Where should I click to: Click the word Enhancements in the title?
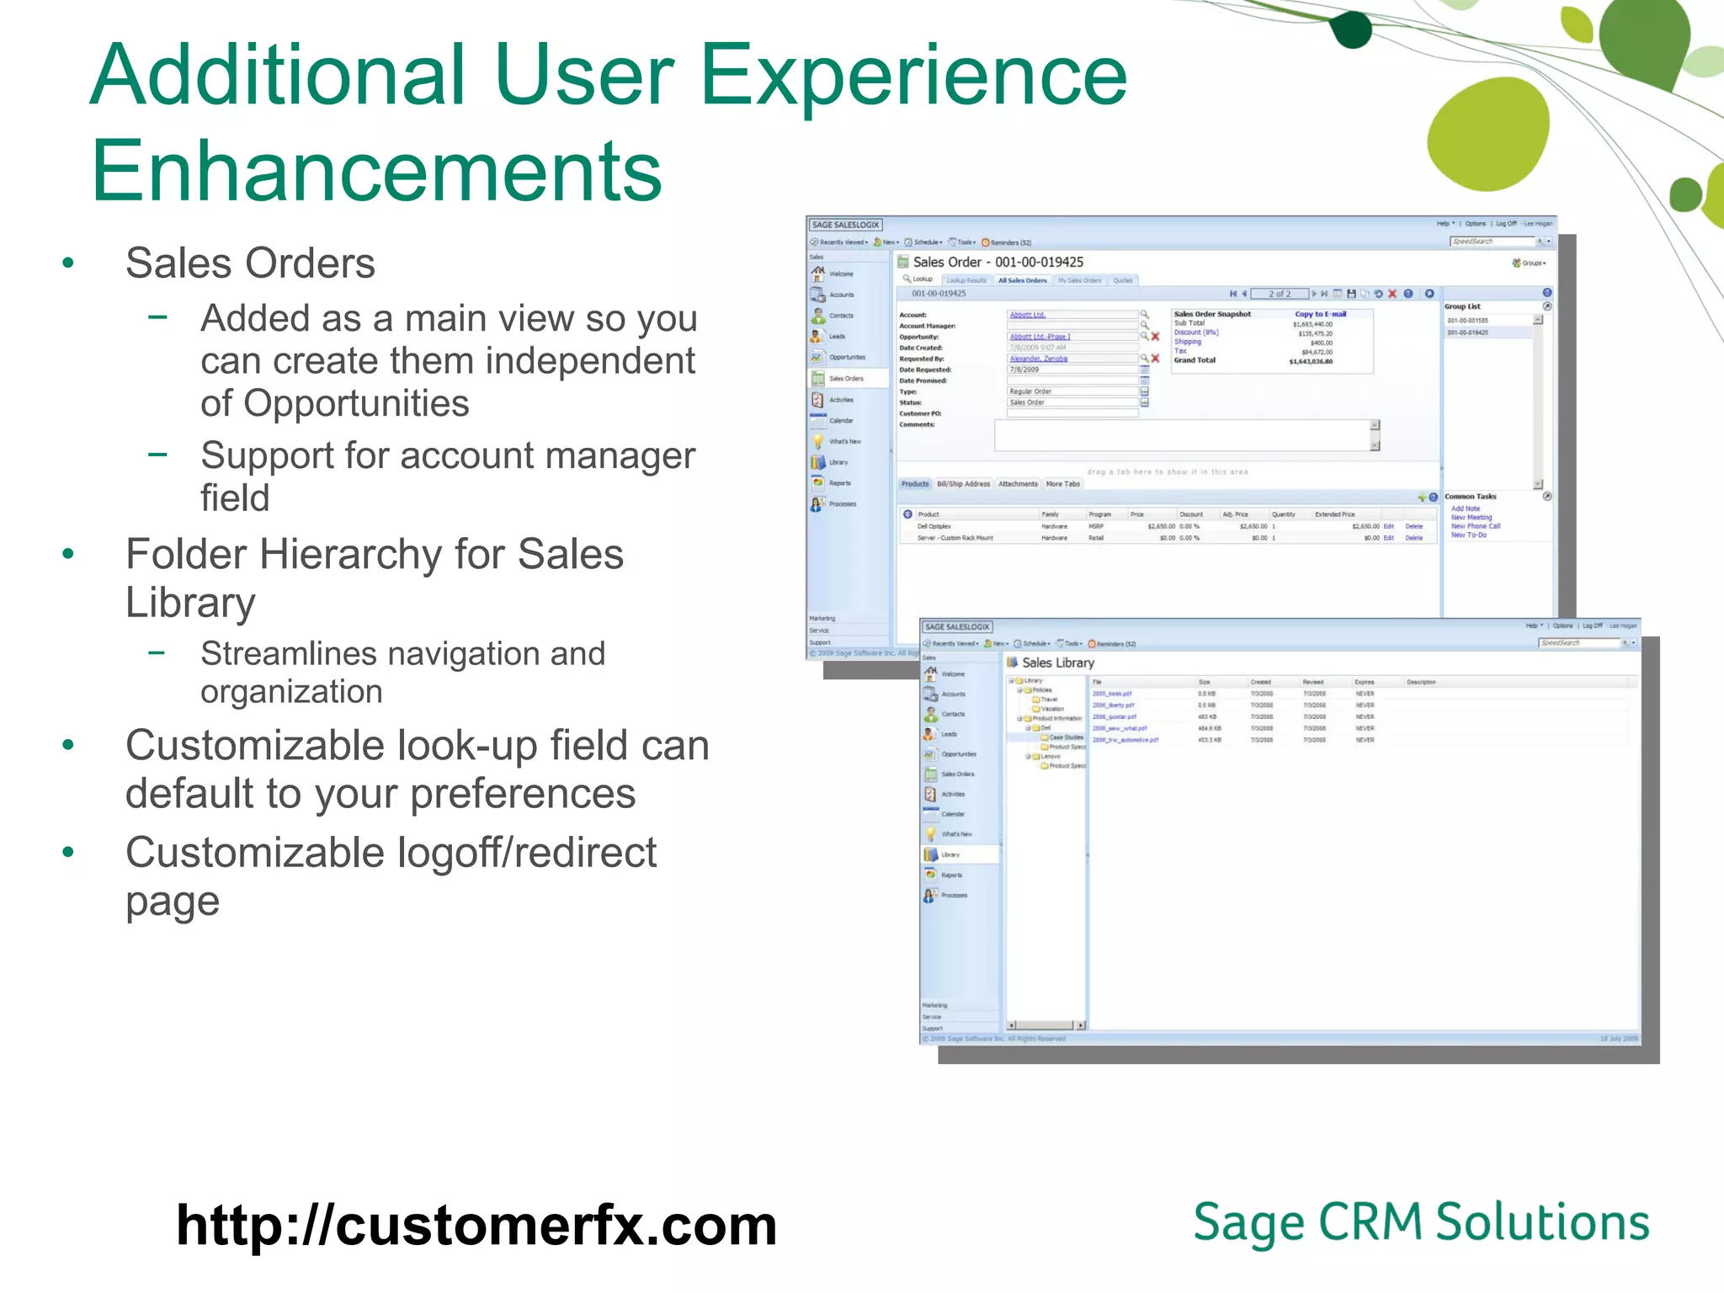click(x=376, y=172)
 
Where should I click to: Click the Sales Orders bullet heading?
click(x=250, y=263)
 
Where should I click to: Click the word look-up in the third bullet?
click(x=466, y=746)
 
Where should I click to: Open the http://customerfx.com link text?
click(x=476, y=1226)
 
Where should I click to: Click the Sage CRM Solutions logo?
click(x=1421, y=1223)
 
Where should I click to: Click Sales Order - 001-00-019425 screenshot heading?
click(x=998, y=263)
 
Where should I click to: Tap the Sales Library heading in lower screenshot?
click(x=1057, y=663)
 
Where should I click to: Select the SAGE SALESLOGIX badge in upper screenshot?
click(x=845, y=225)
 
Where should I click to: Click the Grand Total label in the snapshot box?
click(x=1195, y=360)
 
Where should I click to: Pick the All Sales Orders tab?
click(x=1022, y=280)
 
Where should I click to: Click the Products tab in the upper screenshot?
click(x=915, y=484)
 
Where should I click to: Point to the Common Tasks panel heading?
click(x=1471, y=497)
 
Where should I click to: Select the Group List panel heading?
click(x=1462, y=306)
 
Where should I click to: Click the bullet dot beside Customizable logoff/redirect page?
click(x=68, y=853)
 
